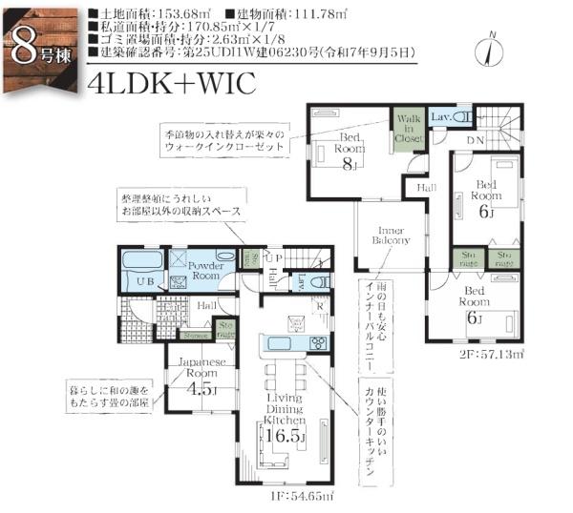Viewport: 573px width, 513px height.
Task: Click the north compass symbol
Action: point(491,48)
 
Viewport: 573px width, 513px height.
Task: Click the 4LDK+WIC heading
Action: point(170,83)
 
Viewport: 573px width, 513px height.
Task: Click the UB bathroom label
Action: point(145,283)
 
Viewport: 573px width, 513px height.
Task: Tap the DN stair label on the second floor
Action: point(475,140)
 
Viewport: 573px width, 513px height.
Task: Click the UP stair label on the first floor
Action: point(272,258)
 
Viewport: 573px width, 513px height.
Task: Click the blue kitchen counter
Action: point(285,343)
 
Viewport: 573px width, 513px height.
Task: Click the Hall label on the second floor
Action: point(426,189)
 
